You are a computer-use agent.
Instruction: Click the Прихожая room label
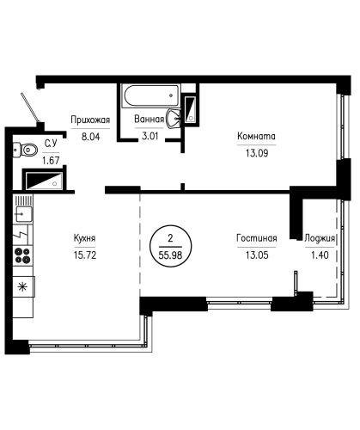tap(90, 120)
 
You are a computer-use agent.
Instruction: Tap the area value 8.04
tap(90, 137)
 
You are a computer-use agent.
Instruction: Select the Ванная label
tap(149, 119)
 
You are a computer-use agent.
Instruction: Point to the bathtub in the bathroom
tap(151, 95)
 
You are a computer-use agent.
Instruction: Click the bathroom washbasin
tap(174, 118)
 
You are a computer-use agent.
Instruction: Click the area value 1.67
tap(51, 161)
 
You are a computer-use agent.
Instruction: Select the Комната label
tap(256, 136)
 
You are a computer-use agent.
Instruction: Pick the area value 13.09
tap(257, 153)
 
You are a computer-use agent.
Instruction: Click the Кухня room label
tap(84, 238)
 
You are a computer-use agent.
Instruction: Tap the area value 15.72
tap(85, 255)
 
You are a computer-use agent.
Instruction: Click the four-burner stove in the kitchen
tap(23, 255)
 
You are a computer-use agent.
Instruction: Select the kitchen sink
tap(23, 214)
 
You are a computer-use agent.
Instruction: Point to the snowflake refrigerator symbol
tap(23, 286)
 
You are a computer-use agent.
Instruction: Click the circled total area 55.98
tap(171, 246)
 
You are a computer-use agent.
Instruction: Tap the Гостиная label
tap(257, 238)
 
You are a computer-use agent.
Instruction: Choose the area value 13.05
tap(257, 255)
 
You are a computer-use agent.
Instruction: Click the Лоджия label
tap(320, 238)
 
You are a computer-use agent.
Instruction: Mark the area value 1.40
tap(320, 255)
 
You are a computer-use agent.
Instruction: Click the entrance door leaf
tap(30, 107)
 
